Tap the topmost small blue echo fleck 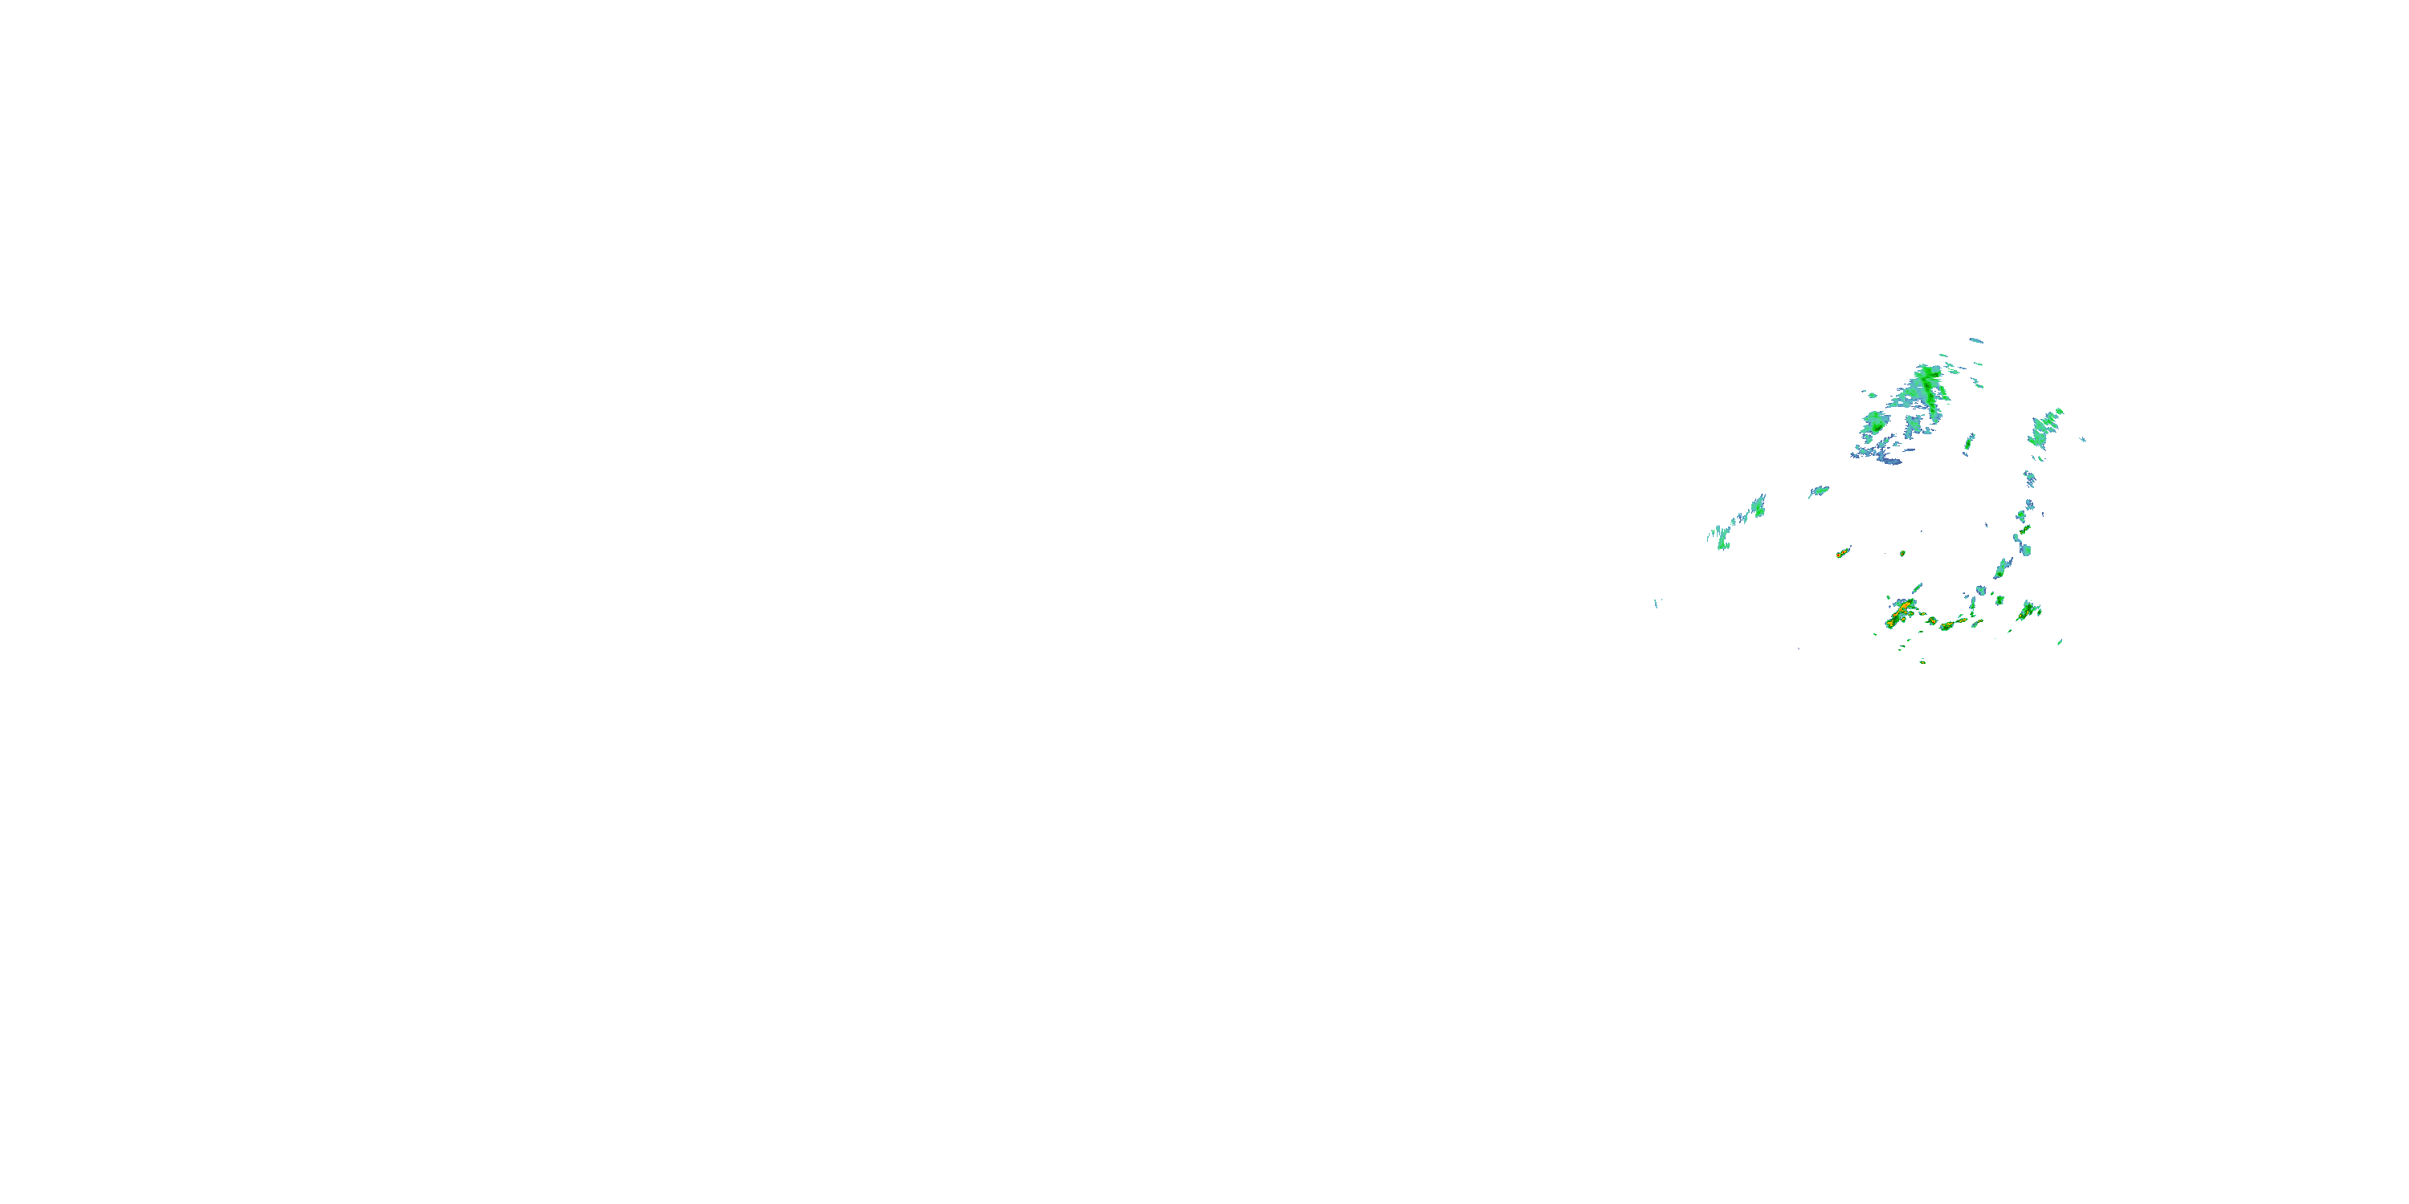pyautogui.click(x=1976, y=340)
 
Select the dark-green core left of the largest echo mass pyautogui.click(x=1875, y=421)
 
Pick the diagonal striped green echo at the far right pyautogui.click(x=2045, y=427)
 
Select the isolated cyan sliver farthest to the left pyautogui.click(x=1656, y=603)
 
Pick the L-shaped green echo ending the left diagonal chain pyautogui.click(x=1722, y=540)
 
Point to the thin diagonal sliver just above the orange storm pyautogui.click(x=1917, y=588)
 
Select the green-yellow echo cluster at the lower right pyautogui.click(x=2028, y=612)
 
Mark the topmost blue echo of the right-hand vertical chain pyautogui.click(x=2029, y=479)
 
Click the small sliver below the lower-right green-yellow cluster pyautogui.click(x=2060, y=642)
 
